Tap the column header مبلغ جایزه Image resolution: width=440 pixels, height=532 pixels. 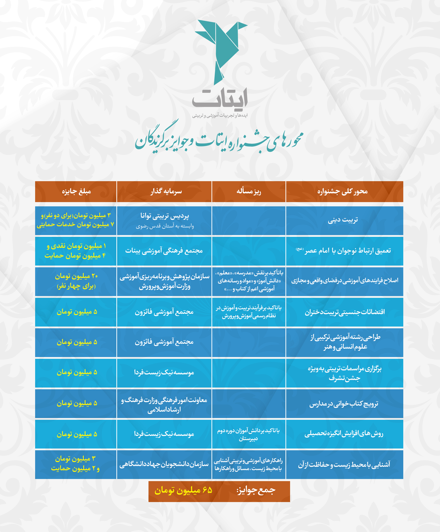[x=76, y=191]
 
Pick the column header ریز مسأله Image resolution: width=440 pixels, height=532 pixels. [x=249, y=191]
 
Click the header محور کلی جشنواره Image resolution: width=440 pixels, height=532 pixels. [x=342, y=191]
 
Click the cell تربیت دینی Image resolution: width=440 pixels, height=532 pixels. [x=343, y=220]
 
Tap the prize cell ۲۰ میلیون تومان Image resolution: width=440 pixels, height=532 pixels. [x=76, y=276]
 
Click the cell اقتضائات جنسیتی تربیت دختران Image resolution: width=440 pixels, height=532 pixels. [x=344, y=312]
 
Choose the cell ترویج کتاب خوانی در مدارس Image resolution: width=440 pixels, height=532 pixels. [x=343, y=404]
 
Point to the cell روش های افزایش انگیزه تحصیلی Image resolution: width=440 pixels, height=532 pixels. [x=344, y=434]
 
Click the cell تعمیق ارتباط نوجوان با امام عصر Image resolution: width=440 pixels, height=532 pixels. [x=343, y=251]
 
